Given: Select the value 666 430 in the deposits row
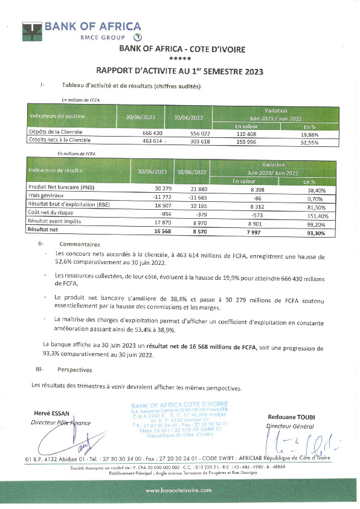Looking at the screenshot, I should (x=152, y=132).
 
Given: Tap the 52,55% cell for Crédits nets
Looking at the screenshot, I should (x=310, y=140).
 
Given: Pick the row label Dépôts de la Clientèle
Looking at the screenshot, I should (x=56, y=132).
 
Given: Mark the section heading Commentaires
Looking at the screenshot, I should (x=76, y=244).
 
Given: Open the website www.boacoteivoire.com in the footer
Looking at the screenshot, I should (x=179, y=491).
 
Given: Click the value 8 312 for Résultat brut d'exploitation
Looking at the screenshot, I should (x=246, y=206).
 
